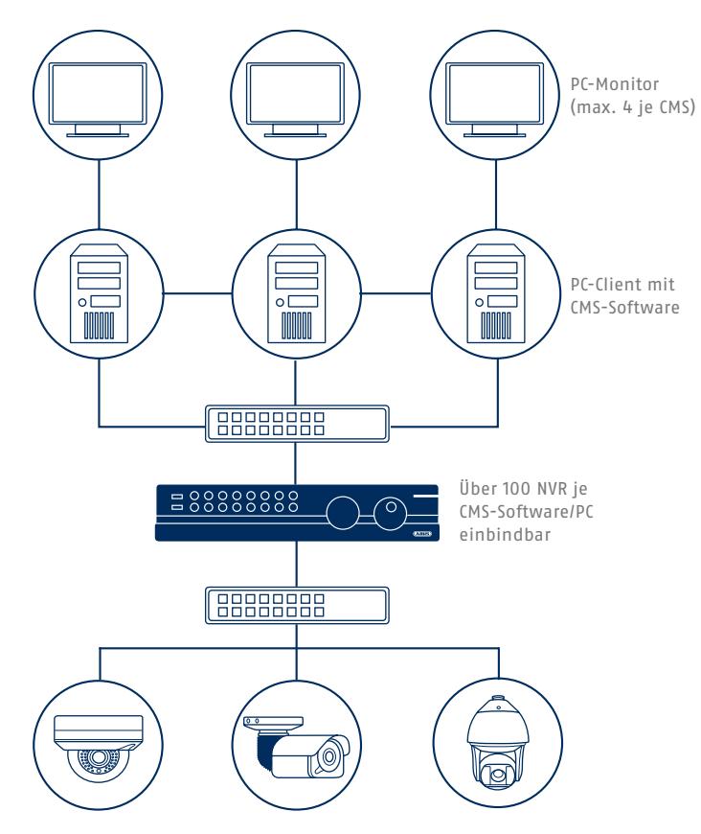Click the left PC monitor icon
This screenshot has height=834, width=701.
point(98,100)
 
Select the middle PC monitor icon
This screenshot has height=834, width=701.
point(295,100)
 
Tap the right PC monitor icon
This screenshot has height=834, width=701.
point(495,100)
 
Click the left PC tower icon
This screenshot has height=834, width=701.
point(99,293)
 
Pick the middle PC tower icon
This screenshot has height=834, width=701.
point(297,293)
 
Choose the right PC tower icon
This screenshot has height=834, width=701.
point(496,293)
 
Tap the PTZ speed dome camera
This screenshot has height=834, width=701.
point(497,740)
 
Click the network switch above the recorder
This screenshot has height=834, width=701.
point(297,424)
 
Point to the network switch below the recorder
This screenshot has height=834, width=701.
point(297,605)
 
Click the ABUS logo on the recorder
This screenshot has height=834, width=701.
point(422,534)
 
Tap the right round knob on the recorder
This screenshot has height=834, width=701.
point(390,513)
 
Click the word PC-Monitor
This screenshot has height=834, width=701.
point(615,84)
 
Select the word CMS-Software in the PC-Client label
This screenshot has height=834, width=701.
point(624,308)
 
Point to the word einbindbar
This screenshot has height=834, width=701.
point(505,534)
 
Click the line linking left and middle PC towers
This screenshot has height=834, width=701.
point(197,293)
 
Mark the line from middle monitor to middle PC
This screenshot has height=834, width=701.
point(297,195)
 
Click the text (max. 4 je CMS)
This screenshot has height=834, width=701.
point(632,107)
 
